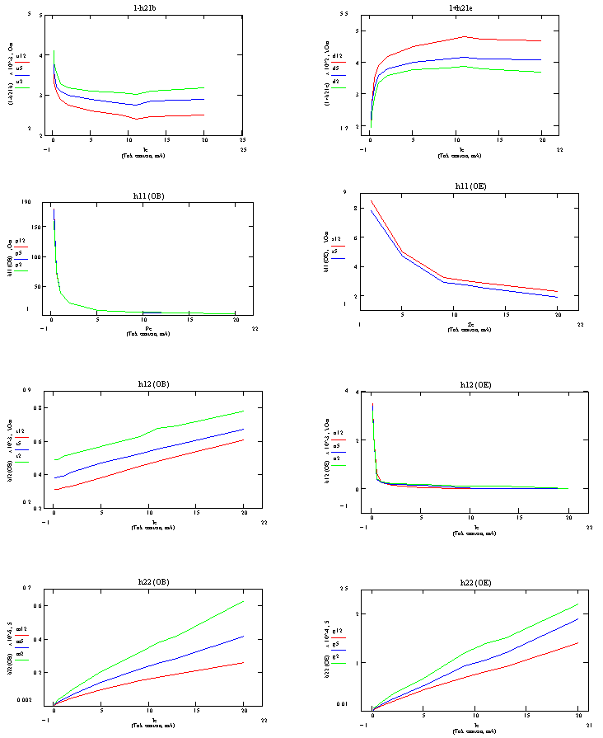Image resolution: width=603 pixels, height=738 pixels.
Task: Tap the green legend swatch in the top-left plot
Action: point(22,87)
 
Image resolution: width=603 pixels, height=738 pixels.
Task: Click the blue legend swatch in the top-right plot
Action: point(339,74)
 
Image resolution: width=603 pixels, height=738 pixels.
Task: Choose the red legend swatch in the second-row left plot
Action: point(21,247)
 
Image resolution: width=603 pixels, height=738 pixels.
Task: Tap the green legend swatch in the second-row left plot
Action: point(21,270)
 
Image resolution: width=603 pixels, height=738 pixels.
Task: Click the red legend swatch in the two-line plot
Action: point(339,246)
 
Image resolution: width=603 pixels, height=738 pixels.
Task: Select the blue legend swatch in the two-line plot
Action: point(339,258)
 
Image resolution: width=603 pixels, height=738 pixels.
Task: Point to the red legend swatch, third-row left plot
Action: point(22,438)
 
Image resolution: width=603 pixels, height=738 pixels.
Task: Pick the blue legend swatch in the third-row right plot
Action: point(339,453)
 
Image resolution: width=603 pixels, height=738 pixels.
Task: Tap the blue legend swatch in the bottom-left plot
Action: point(22,648)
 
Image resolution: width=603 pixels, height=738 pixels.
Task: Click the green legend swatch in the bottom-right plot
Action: point(339,663)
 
